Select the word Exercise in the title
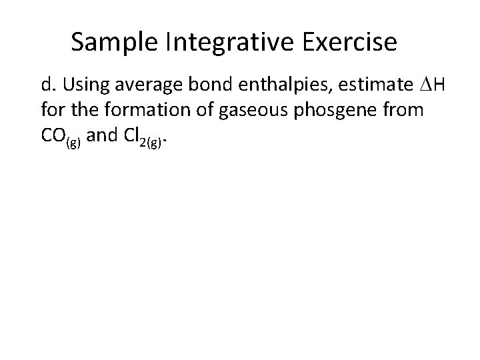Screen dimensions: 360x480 pyautogui.click(x=351, y=43)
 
